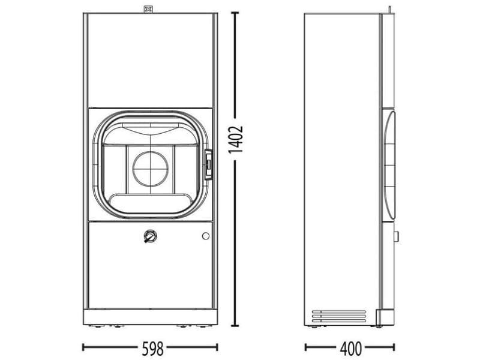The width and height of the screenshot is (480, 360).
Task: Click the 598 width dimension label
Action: (x=153, y=348)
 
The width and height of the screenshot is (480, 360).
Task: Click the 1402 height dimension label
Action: (x=236, y=139)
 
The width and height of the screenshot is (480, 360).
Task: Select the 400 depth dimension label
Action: (x=351, y=348)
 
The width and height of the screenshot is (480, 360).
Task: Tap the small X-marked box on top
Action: (x=148, y=10)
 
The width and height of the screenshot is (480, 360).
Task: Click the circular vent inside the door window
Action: (x=151, y=169)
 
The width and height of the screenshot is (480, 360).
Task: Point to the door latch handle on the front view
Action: (x=208, y=164)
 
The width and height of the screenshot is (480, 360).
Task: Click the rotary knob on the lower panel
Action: (x=150, y=236)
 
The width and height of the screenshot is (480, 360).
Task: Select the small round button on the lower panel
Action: (x=206, y=236)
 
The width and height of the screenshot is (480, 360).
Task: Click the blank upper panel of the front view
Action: (x=150, y=60)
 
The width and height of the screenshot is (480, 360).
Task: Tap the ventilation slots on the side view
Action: (x=339, y=316)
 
